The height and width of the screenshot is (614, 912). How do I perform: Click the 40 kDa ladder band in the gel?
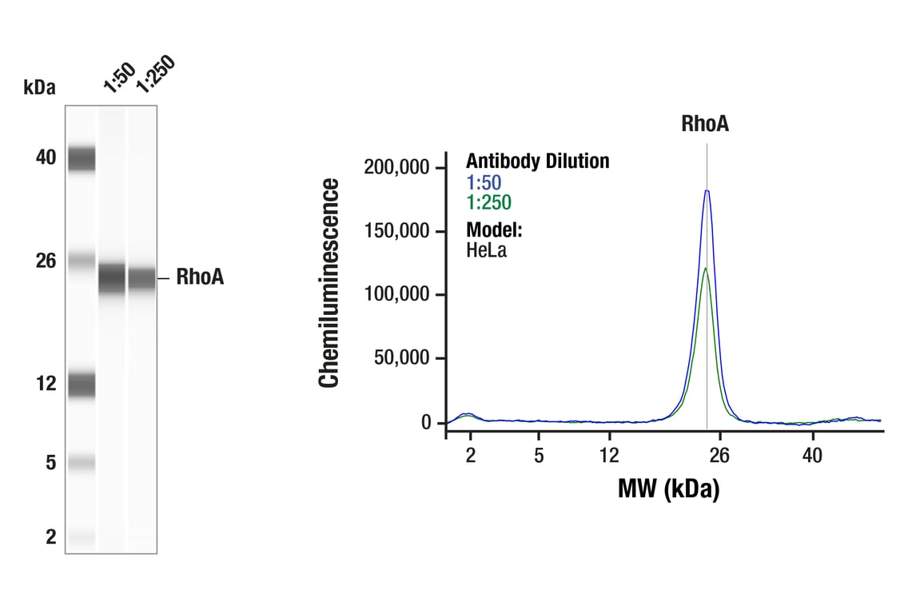click(81, 158)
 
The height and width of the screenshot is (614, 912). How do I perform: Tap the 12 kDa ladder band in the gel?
click(81, 385)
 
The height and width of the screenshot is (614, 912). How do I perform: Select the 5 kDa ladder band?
click(81, 462)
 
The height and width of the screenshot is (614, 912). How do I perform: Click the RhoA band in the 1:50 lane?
click(112, 278)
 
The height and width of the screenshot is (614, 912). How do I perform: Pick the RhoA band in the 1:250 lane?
click(141, 278)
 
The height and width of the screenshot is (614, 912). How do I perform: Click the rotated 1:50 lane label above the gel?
click(119, 78)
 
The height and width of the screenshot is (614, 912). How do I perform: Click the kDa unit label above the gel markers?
click(40, 88)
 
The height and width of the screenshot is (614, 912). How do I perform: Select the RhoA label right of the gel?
click(200, 278)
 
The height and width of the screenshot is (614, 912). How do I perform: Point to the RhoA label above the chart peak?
click(705, 124)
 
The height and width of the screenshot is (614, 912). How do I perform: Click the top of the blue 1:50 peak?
click(707, 190)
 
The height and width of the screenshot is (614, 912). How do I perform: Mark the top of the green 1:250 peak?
click(705, 269)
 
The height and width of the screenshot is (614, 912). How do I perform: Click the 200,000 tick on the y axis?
click(397, 167)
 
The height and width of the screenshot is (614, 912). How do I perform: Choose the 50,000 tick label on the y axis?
click(402, 357)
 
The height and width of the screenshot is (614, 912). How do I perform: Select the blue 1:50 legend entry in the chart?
click(484, 183)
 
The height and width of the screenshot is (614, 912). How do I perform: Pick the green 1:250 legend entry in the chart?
click(488, 203)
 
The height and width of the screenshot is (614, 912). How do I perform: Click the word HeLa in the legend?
click(487, 250)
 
